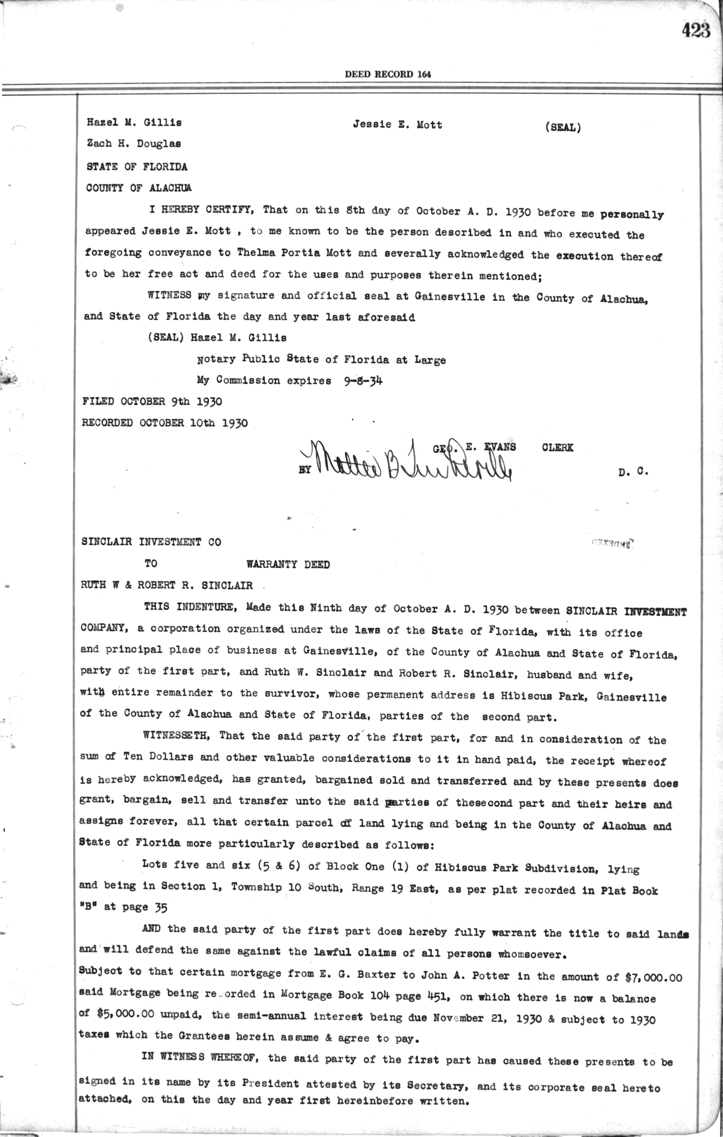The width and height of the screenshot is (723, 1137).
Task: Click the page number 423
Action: (x=696, y=31)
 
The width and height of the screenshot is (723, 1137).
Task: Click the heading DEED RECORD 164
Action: (x=387, y=74)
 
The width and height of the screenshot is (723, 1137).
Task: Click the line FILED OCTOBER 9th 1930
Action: (x=152, y=402)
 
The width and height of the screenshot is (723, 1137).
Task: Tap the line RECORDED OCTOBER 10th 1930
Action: (x=164, y=423)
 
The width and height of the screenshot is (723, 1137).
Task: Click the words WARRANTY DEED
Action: (x=288, y=565)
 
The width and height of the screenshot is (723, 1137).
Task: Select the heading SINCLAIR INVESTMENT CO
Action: (x=151, y=542)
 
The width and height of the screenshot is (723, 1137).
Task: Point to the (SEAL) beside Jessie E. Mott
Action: (x=562, y=128)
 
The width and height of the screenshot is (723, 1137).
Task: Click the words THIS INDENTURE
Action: (x=189, y=608)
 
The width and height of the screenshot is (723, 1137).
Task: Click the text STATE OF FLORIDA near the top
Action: (x=137, y=166)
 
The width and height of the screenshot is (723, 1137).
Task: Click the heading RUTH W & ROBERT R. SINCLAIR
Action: (x=167, y=585)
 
